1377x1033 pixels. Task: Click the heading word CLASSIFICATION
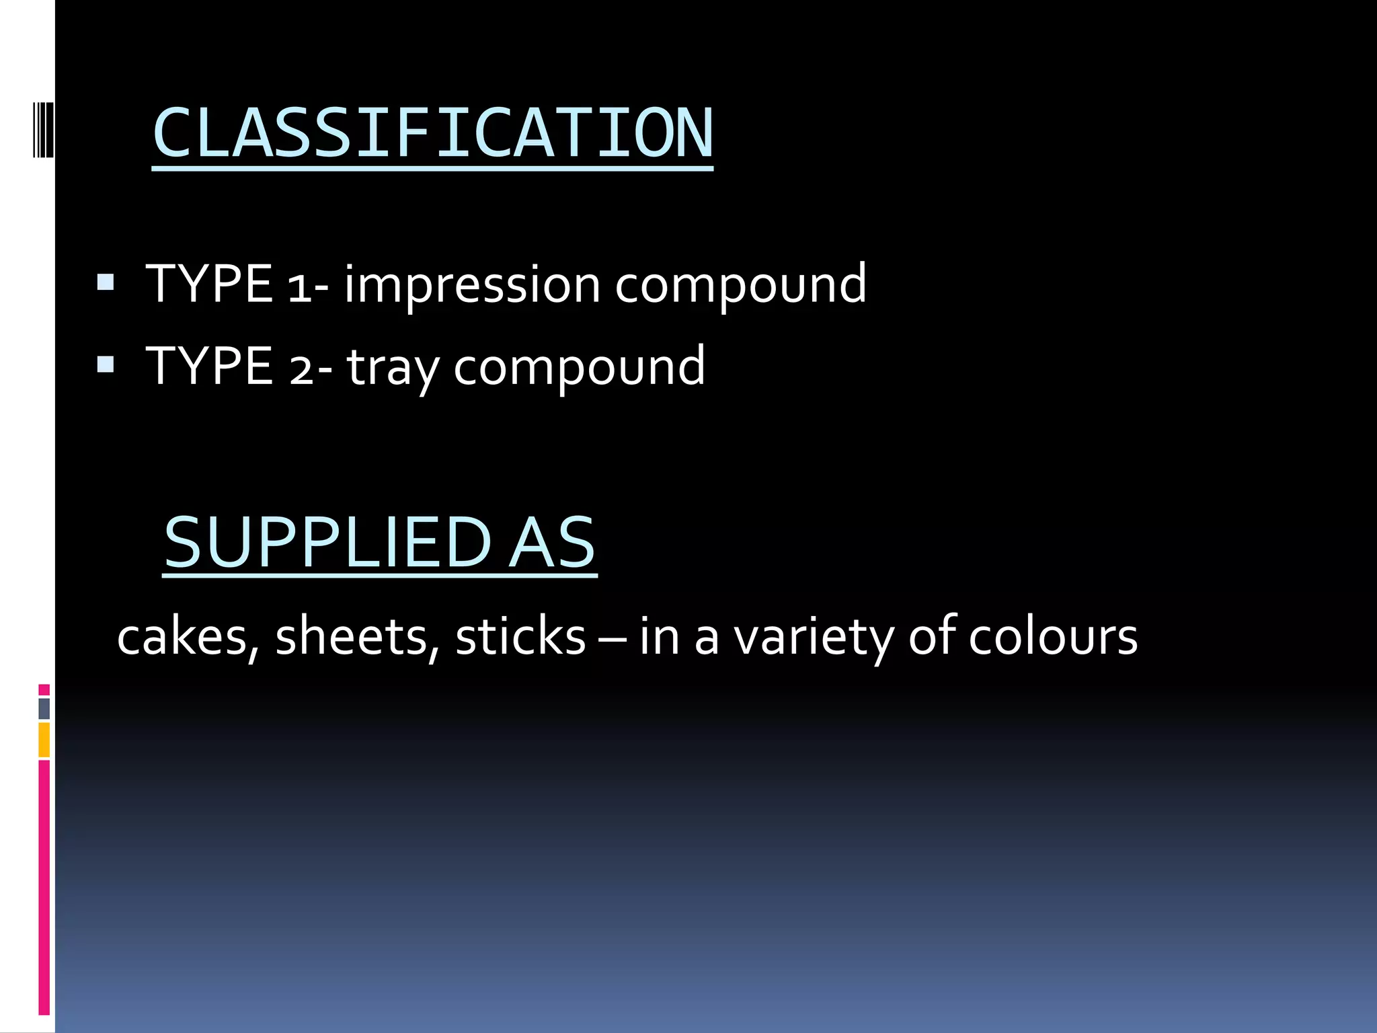tap(432, 133)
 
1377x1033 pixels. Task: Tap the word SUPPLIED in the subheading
tap(328, 542)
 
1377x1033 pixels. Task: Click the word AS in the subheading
tap(552, 542)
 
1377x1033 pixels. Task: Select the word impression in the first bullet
tap(472, 284)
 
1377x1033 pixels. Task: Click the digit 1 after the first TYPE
tap(299, 287)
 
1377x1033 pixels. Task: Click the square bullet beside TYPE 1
tap(106, 282)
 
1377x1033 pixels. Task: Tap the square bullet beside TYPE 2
tap(106, 364)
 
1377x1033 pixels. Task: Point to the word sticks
tap(520, 637)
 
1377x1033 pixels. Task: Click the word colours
tap(1053, 637)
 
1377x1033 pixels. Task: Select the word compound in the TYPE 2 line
tap(579, 368)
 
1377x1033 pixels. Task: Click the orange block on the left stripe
tap(44, 740)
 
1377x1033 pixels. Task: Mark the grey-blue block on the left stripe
tap(44, 708)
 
